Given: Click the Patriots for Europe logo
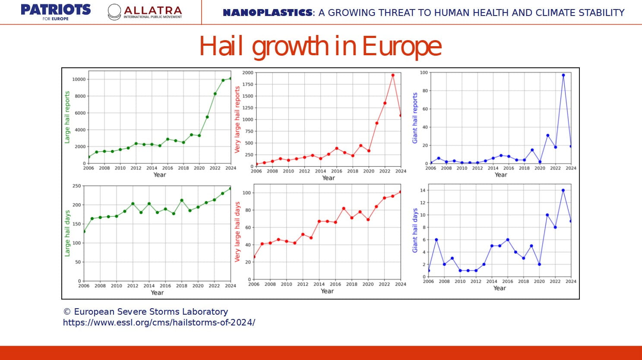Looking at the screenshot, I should [x=56, y=12].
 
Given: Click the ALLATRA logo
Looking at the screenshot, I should [x=145, y=12].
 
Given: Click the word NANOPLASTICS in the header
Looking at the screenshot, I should [x=267, y=13].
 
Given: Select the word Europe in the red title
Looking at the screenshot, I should [x=402, y=46].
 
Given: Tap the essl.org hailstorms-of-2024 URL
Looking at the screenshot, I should [x=159, y=322].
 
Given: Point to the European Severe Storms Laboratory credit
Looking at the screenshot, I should [x=145, y=312].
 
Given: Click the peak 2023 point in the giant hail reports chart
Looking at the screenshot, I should [x=563, y=75].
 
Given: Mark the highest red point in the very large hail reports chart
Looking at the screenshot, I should [x=393, y=75].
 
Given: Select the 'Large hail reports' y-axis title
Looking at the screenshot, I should [x=67, y=117].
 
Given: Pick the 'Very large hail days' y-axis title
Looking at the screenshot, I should [x=237, y=231].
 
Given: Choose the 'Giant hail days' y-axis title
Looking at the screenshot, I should [x=415, y=231].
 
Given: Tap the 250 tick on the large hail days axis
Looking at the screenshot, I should [x=76, y=186].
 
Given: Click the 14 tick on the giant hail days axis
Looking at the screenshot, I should [x=423, y=190].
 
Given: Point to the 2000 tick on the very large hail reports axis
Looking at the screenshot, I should [x=247, y=73].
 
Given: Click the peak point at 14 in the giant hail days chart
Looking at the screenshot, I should [x=563, y=190].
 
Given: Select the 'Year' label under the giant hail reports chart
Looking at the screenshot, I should [x=500, y=175].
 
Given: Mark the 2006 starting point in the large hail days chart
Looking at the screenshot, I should [x=84, y=231].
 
